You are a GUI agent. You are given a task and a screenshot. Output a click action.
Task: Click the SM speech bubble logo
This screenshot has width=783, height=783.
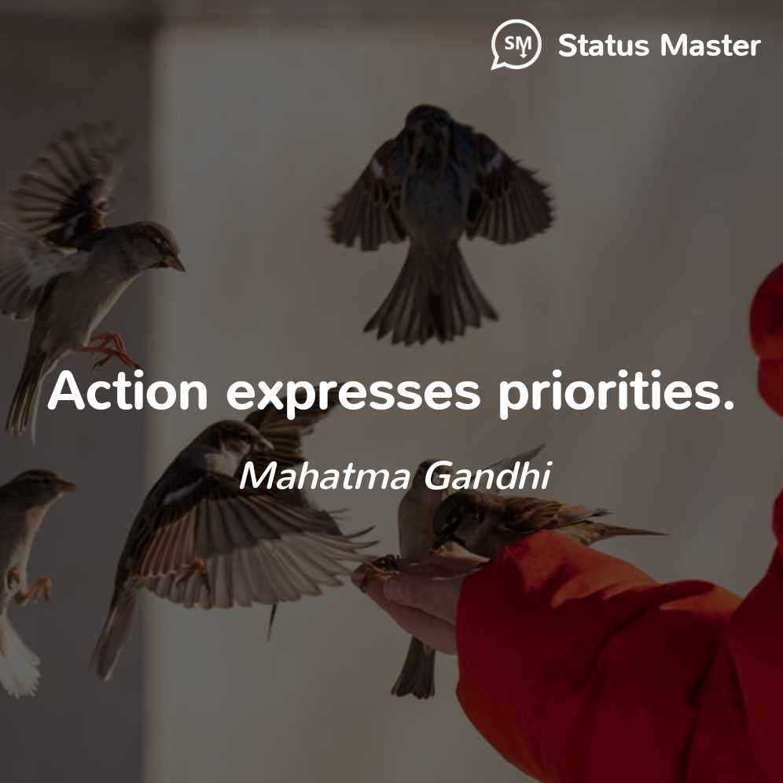click(x=516, y=44)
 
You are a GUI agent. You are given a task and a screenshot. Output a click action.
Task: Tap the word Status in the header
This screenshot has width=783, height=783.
click(x=603, y=46)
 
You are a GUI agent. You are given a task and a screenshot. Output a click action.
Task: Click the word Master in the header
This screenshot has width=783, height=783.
click(x=710, y=46)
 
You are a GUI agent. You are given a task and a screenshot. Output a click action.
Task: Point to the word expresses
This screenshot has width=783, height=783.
click(x=353, y=395)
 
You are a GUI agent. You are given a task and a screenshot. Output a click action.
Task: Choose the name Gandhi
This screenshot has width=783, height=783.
click(x=487, y=475)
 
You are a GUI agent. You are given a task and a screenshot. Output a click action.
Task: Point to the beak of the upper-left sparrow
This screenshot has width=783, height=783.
click(x=176, y=263)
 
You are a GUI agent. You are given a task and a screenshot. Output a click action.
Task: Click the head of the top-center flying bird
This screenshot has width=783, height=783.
click(x=428, y=119)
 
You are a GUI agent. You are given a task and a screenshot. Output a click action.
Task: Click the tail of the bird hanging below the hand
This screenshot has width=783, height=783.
click(x=414, y=669)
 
